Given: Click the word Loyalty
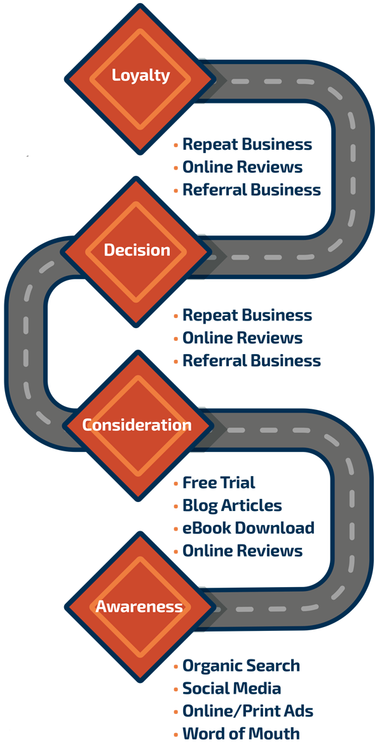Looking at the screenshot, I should click(x=140, y=76).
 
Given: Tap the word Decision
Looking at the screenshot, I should click(x=137, y=251).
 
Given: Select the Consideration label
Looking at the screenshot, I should click(x=137, y=425).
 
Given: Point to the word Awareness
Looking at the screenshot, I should click(x=139, y=607).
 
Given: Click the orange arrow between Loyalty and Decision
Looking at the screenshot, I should click(x=168, y=167).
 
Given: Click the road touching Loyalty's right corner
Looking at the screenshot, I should click(x=267, y=81).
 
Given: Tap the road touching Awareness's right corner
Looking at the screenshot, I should click(x=267, y=608).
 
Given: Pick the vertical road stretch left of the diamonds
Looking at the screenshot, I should click(x=26, y=340).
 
